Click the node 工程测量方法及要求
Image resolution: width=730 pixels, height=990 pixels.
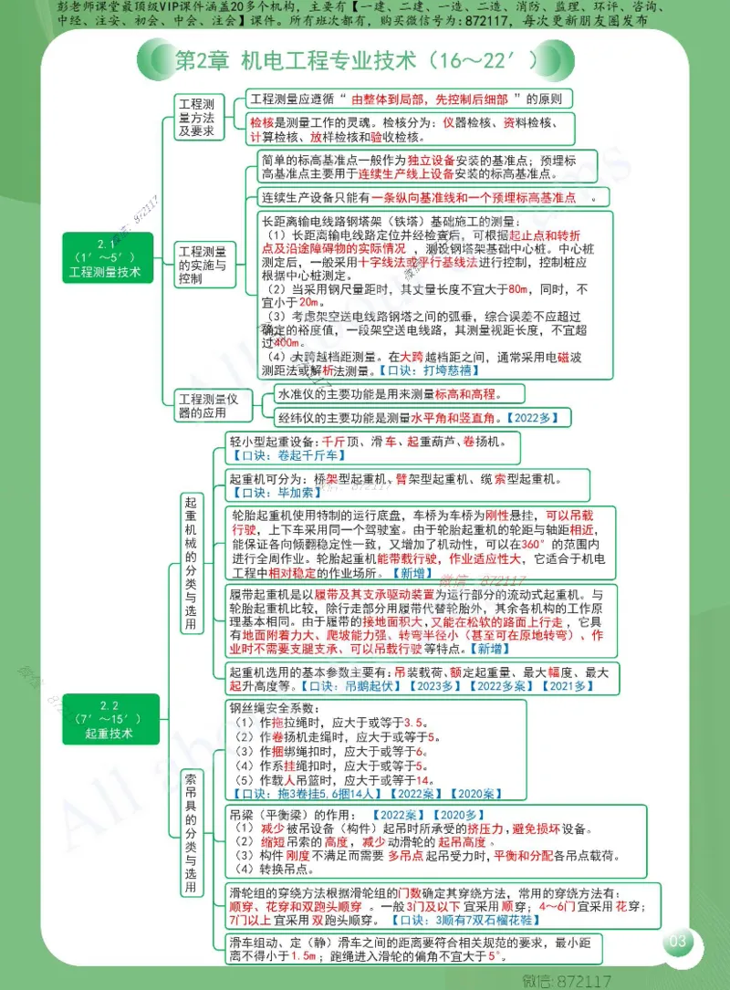(197, 117)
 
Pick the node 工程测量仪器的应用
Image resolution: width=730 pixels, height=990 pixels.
(208, 406)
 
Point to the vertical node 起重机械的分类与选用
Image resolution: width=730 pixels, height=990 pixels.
(191, 564)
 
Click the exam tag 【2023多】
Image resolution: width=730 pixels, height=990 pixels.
(445, 685)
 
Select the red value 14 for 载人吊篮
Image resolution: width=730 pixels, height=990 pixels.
(422, 781)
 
